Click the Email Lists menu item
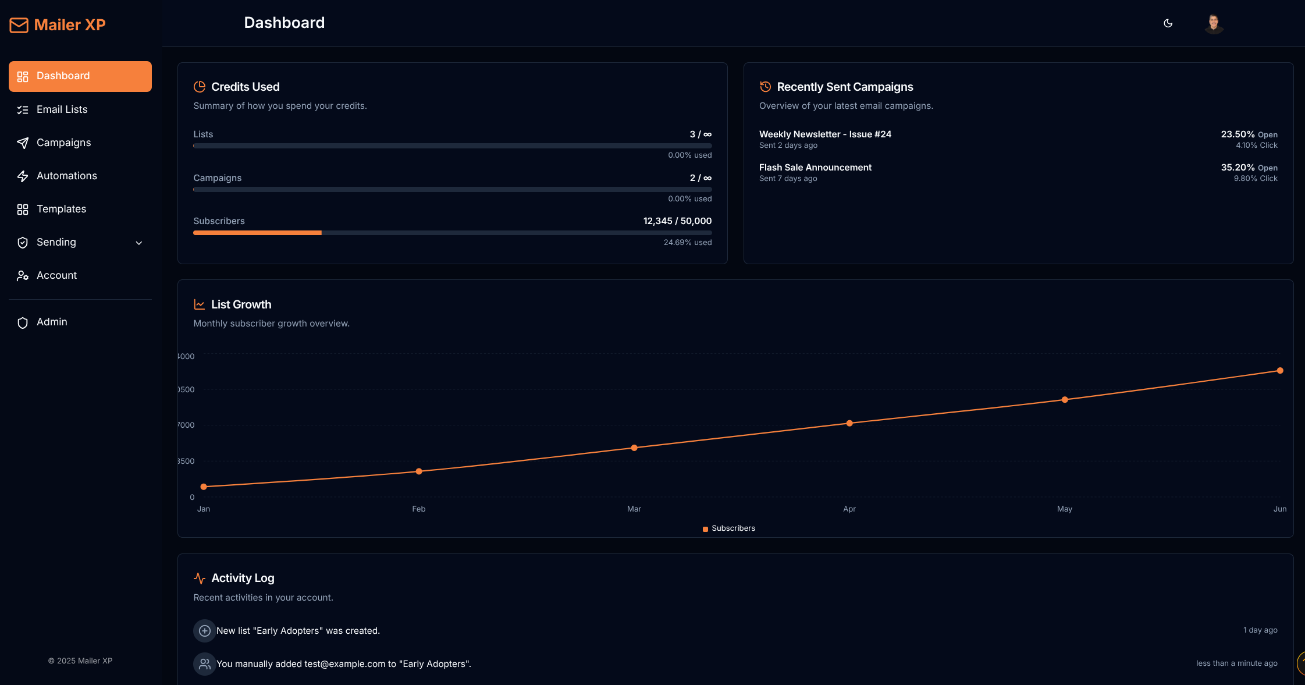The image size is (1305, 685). pos(62,109)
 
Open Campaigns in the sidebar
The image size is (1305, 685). pos(63,143)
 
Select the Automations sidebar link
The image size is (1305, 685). pos(66,176)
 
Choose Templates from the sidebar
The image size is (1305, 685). pos(61,209)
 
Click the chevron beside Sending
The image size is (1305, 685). pos(139,243)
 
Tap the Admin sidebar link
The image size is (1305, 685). pos(52,322)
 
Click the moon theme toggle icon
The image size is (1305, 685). pos(1168,23)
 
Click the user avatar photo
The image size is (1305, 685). pos(1214,24)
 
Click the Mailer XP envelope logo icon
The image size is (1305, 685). pos(19,25)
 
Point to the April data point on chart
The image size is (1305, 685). pos(849,423)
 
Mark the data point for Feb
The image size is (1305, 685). pos(419,471)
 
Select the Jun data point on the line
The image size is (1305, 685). pos(1280,371)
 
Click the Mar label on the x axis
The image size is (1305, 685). pos(634,509)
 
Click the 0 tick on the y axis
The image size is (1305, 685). pos(192,498)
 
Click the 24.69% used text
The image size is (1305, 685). pos(688,243)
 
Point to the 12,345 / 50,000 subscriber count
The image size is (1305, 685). pos(677,221)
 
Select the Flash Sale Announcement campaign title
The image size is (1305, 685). pos(815,168)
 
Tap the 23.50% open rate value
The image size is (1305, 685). pos(1238,134)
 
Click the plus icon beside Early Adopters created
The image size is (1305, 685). pos(205,631)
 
